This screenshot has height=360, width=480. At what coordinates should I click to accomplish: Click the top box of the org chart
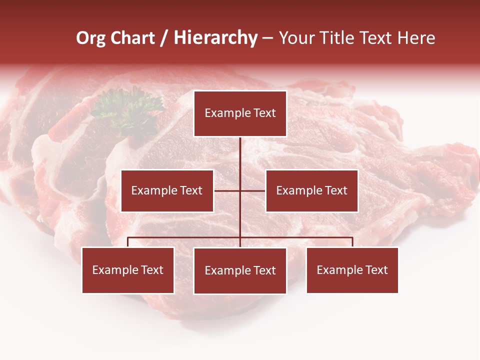point(240,113)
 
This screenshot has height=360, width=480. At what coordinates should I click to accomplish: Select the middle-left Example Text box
point(167,190)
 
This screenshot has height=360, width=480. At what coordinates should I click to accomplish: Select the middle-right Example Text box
point(311,190)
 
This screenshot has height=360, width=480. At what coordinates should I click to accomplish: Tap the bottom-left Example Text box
point(128,270)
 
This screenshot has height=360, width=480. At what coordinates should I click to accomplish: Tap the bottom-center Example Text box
point(240,270)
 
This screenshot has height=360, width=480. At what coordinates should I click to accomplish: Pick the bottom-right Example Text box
point(352,270)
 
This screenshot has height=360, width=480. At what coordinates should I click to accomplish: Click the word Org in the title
point(90,38)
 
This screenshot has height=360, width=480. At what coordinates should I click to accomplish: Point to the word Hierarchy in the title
point(215,38)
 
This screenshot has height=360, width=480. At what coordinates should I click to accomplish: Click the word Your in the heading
point(296,38)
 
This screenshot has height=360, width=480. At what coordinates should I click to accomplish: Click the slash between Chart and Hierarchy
point(164,38)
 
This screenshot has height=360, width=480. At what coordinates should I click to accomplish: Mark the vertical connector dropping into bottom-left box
point(128,242)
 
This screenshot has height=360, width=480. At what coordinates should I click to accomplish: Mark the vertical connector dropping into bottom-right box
point(352,242)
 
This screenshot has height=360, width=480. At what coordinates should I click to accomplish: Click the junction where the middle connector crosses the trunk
point(240,190)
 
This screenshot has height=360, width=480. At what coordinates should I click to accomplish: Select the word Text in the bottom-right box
point(376,270)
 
